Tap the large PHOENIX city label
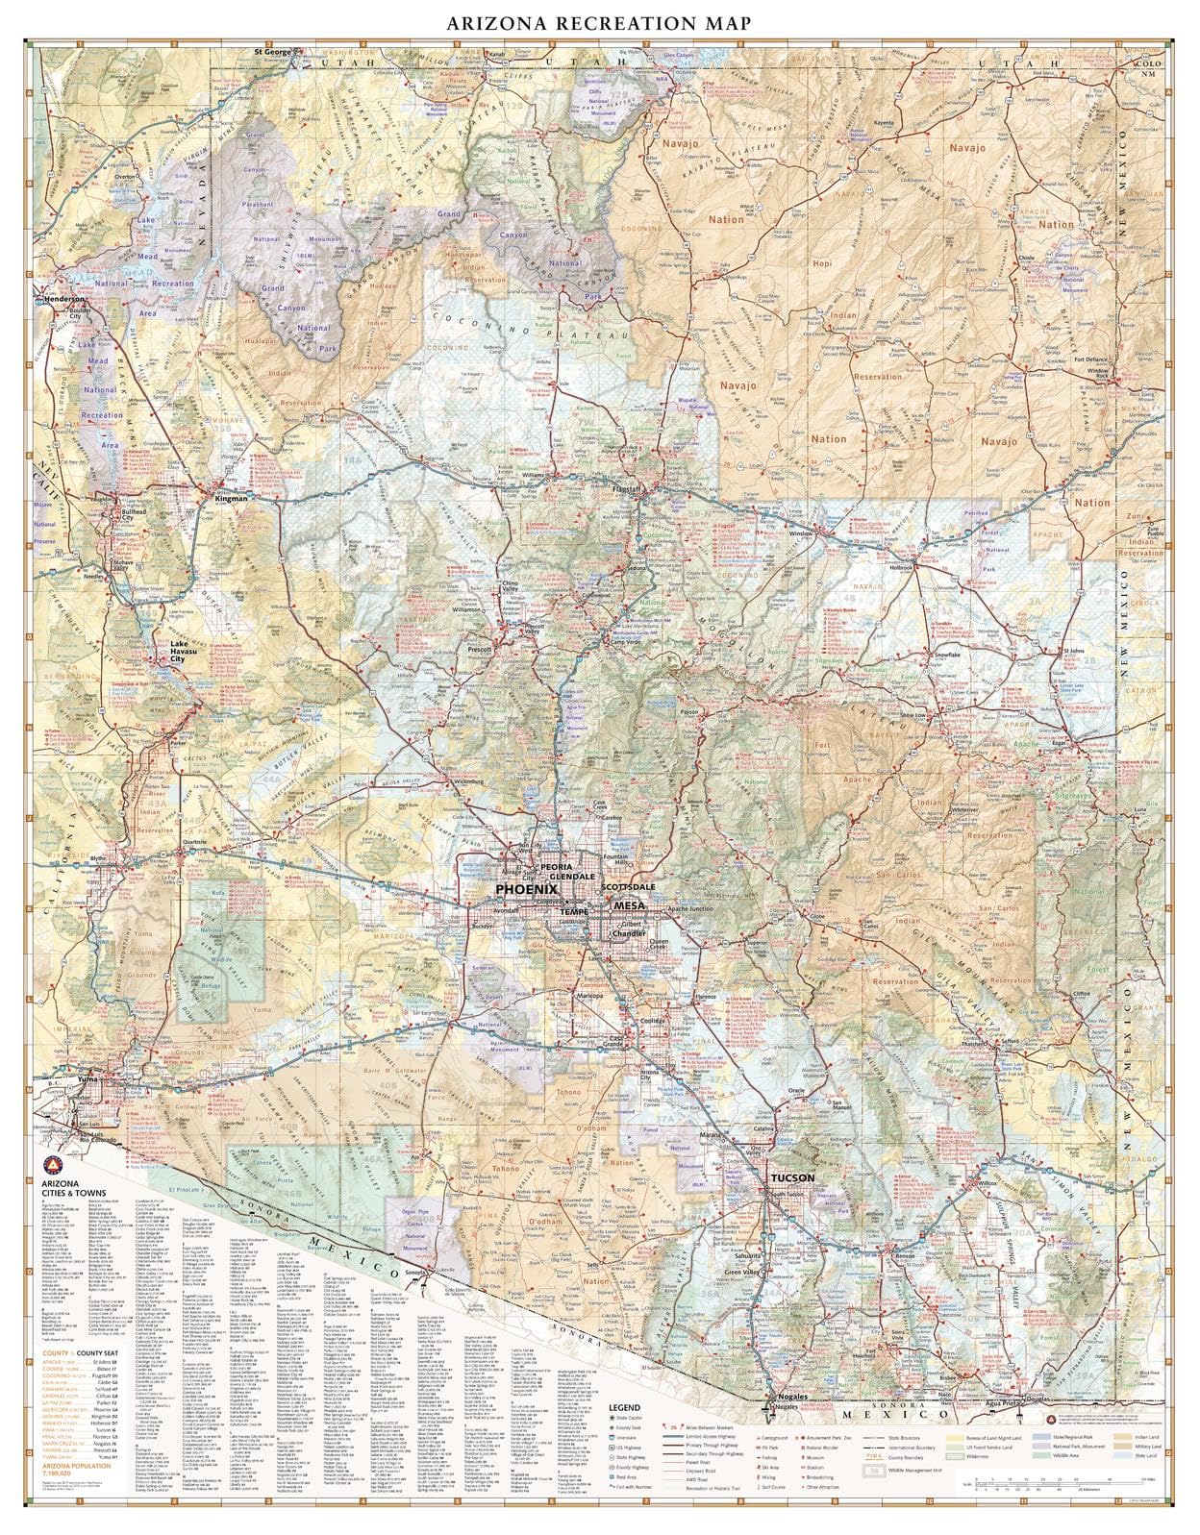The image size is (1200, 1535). tap(526, 891)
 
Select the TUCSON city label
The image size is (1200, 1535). tap(791, 1177)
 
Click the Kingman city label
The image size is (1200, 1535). tap(232, 499)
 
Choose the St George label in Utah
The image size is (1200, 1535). tap(272, 50)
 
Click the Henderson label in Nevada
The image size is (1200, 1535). tap(65, 299)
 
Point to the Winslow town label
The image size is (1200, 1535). tap(801, 533)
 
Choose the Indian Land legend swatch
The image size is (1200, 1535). tap(1124, 1436)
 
